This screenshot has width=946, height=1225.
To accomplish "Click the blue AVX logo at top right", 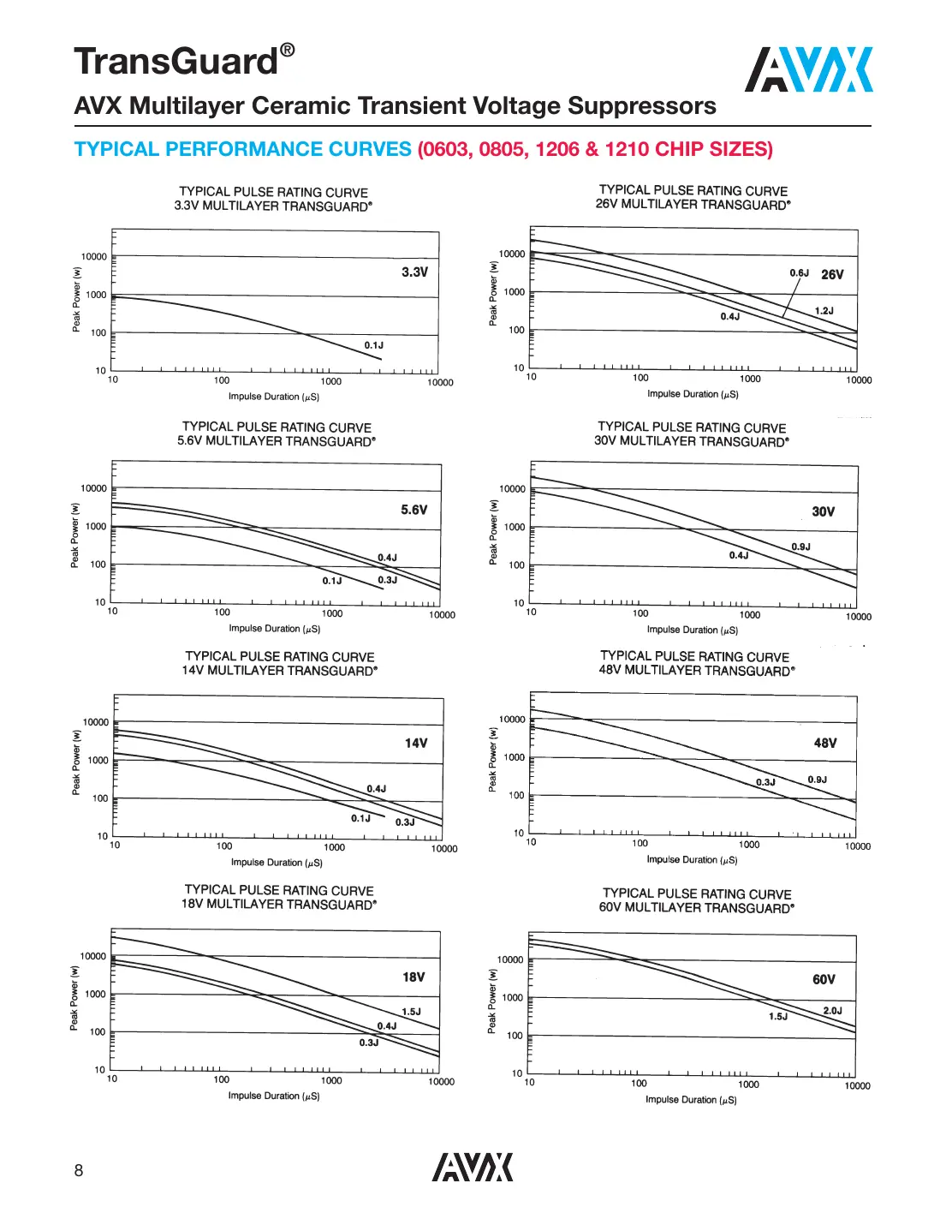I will point(808,69).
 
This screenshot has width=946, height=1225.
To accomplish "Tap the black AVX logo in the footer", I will point(472,1167).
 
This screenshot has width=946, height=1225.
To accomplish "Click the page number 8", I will point(79,1170).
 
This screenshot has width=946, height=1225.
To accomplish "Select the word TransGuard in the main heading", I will point(176,62).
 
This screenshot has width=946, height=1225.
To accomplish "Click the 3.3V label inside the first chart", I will point(414,272).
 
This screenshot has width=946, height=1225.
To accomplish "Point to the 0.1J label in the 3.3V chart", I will point(374,345).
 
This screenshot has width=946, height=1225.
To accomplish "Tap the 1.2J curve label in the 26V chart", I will point(824,311).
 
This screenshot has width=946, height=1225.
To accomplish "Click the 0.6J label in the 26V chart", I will point(799,273).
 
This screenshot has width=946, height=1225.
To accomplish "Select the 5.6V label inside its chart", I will point(414,510).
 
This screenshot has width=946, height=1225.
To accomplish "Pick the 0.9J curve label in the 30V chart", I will point(800,547).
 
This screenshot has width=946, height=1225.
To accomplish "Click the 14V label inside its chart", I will point(416,743).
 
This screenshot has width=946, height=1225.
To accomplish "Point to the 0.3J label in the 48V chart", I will point(765,782).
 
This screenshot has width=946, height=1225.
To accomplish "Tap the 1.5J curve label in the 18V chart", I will point(411,1012).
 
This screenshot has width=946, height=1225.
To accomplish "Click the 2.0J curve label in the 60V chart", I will point(832,1011).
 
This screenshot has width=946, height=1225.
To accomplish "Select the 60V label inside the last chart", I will point(824,979).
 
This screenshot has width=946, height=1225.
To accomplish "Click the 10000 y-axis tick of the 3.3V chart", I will point(94,257).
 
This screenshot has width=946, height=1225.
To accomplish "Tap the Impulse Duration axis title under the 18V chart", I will point(274,1096).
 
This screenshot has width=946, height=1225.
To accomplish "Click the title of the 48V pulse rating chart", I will point(696,663).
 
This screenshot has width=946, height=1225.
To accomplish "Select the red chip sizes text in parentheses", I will point(595,149).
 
